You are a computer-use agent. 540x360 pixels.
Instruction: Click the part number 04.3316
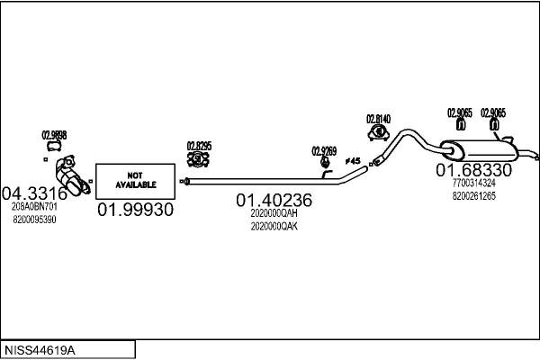click(x=34, y=193)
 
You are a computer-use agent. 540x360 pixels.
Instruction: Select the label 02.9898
click(x=54, y=135)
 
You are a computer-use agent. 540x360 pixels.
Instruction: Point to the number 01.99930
click(x=135, y=210)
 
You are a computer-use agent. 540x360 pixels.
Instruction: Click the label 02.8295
click(x=199, y=145)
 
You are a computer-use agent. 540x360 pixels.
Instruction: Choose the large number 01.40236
click(x=274, y=201)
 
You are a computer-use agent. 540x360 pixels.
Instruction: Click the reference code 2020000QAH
click(x=274, y=214)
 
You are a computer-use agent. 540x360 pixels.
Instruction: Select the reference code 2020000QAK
click(x=274, y=226)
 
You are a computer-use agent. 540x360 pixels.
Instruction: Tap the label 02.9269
click(x=324, y=150)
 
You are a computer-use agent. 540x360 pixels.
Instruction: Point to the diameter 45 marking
click(x=353, y=161)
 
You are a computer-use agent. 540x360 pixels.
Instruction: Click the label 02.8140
click(x=378, y=119)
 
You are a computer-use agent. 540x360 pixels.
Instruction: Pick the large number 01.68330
click(x=474, y=170)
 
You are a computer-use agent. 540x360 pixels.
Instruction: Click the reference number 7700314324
click(x=474, y=183)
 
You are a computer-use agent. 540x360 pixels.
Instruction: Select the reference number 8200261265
click(x=474, y=194)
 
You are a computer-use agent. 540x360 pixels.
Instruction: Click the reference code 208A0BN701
click(x=34, y=206)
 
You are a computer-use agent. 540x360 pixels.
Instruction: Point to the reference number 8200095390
click(x=34, y=219)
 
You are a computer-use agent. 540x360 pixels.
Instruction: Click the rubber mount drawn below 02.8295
click(x=198, y=159)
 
